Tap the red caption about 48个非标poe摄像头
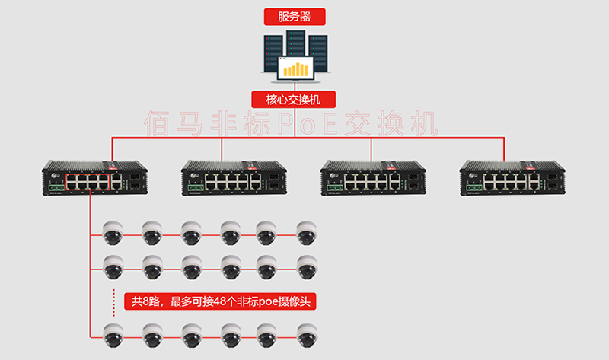[221, 302]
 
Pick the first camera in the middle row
[113, 266]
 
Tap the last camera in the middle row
[307, 266]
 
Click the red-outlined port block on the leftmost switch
[86, 180]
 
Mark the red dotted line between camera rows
[113, 297]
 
